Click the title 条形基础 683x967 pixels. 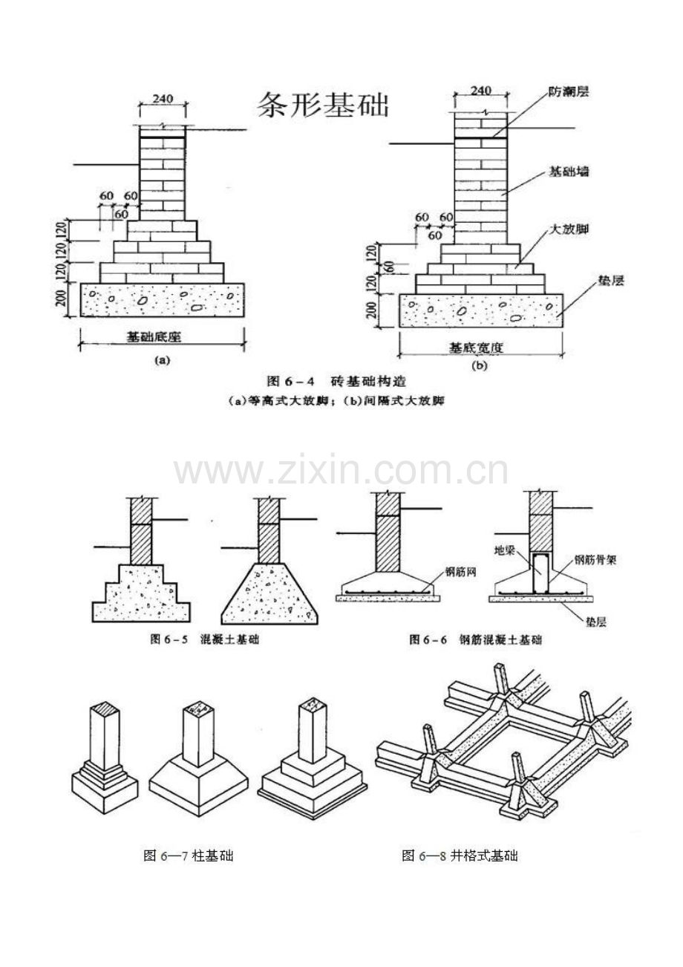coord(323,105)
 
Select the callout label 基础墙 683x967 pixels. coord(569,172)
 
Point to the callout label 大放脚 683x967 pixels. coord(569,232)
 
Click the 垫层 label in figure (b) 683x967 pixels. coord(611,281)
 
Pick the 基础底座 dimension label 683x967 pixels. coord(154,336)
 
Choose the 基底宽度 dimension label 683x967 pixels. coord(479,347)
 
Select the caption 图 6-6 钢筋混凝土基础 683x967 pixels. coord(476,639)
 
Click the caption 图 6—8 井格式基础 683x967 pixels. coord(460,856)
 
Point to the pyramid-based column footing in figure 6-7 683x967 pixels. coord(199,765)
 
